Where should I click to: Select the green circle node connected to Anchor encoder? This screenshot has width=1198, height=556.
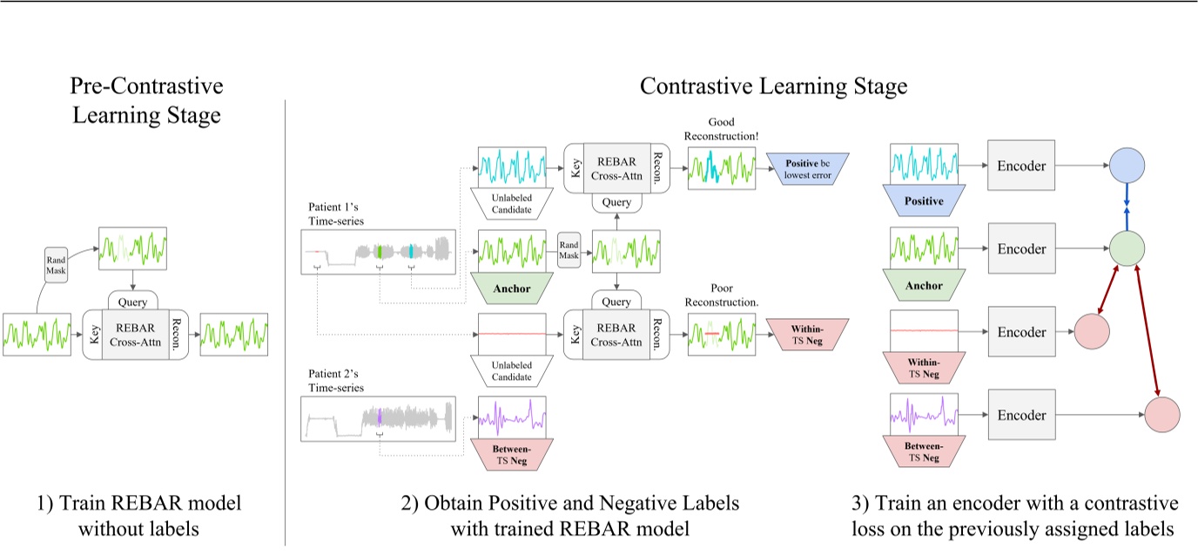tap(1127, 248)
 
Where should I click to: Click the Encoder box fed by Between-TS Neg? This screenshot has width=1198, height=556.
tap(1022, 416)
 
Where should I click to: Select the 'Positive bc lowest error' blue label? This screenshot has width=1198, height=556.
tap(809, 169)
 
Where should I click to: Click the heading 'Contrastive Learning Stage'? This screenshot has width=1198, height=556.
tap(773, 86)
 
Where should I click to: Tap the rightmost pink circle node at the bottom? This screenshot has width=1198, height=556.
tap(1162, 415)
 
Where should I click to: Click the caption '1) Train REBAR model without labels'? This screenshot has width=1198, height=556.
tap(145, 515)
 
